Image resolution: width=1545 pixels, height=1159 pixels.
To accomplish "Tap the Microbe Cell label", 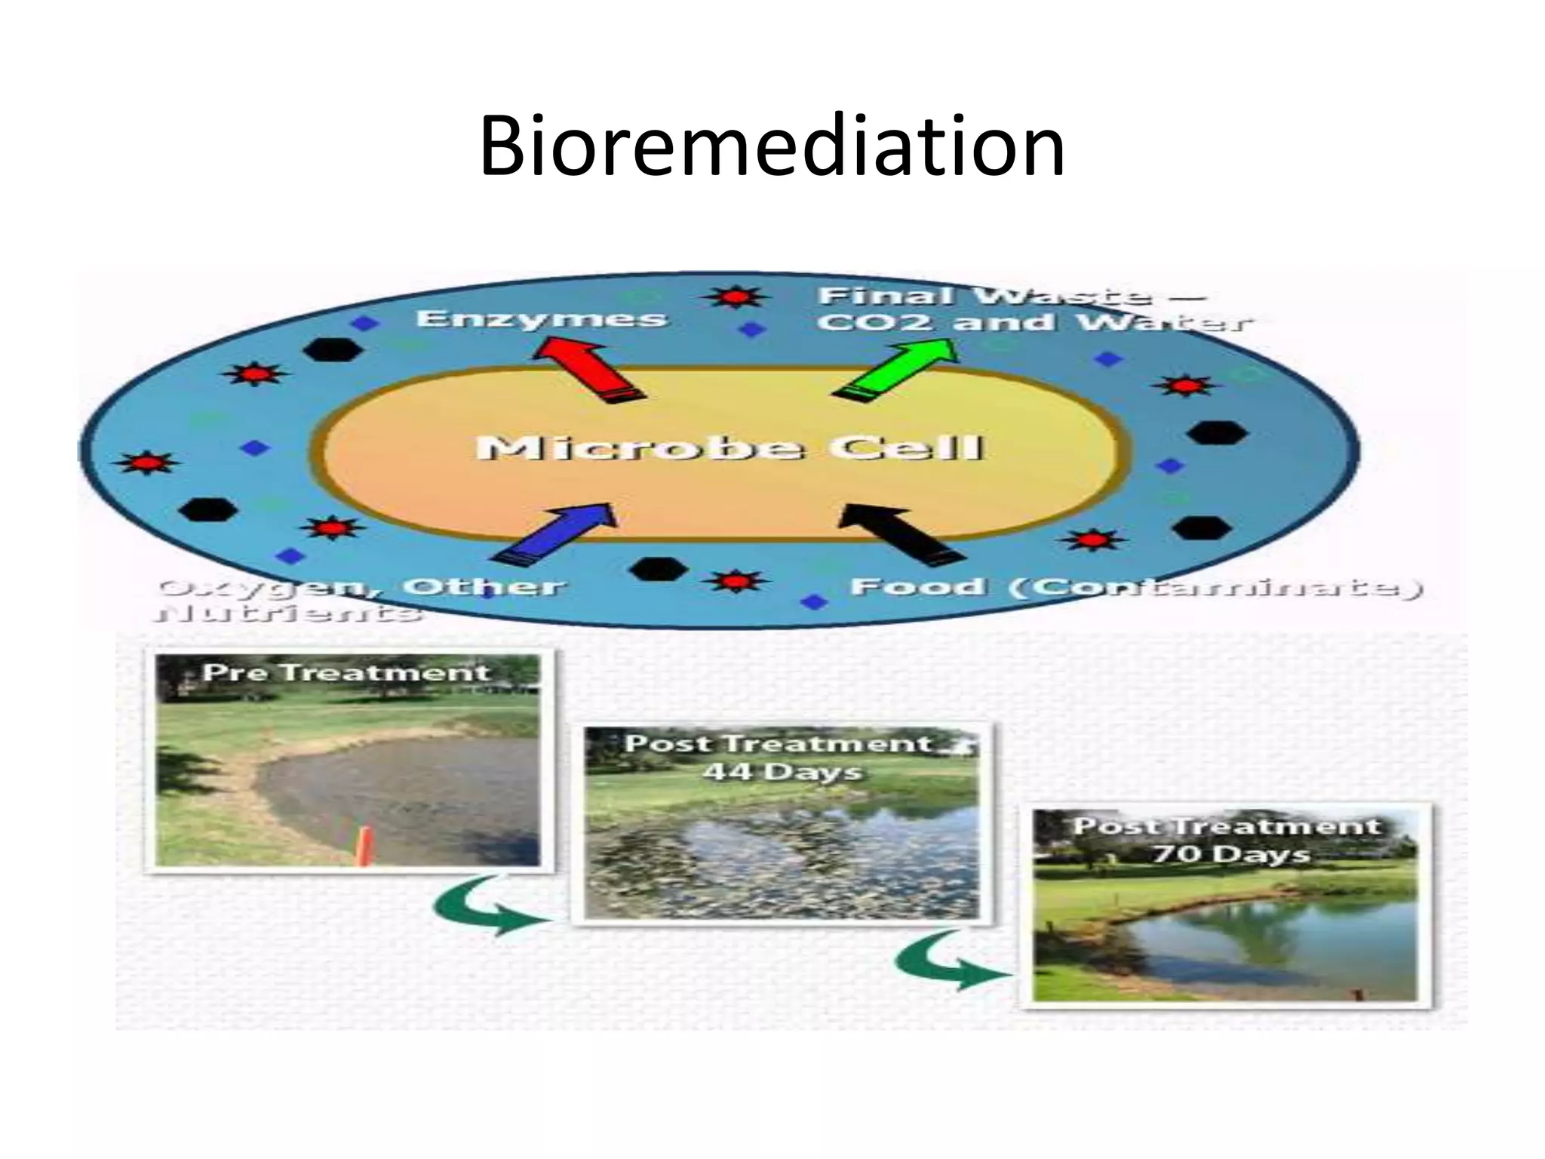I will [730, 448].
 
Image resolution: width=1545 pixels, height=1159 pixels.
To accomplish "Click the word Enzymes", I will [542, 318].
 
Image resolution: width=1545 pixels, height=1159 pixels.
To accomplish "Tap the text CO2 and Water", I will [1034, 323].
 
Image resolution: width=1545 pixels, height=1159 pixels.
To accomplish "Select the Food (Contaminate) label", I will [1135, 587].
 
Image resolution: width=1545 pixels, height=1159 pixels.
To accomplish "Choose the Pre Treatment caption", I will [346, 672].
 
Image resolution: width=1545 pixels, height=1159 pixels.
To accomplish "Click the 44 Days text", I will [782, 772].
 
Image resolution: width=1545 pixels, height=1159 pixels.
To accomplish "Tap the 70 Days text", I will [1230, 853].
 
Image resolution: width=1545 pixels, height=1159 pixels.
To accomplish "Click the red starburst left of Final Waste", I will [735, 297].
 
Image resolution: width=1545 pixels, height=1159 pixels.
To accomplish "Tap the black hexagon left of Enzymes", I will [332, 350].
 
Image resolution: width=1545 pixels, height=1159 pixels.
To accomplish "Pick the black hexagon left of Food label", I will [658, 569].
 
